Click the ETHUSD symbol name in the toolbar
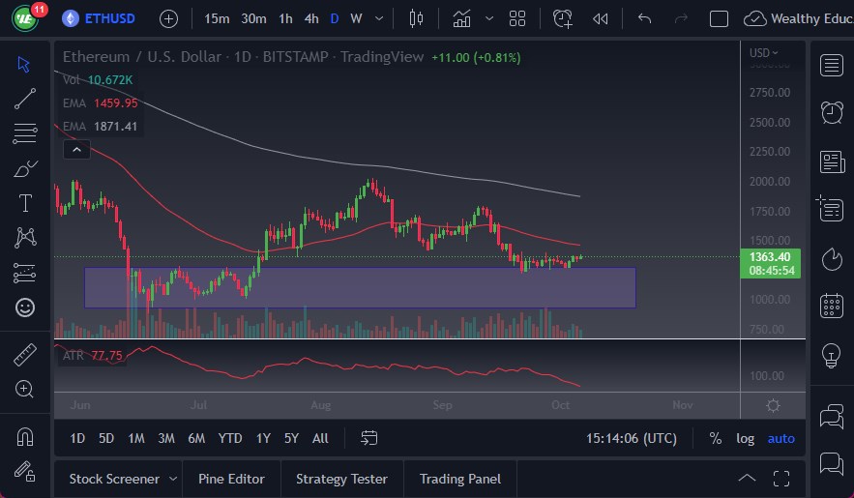coord(110,18)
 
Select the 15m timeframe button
coord(218,18)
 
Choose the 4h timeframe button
coord(311,18)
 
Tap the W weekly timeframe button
coord(356,18)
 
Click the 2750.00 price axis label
coord(770,93)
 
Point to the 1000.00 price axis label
coord(770,300)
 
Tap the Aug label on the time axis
coord(322,405)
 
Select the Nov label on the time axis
coord(682,405)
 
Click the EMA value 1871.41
coord(115,126)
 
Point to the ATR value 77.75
coord(106,356)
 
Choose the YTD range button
coord(230,438)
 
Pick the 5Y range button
coord(291,438)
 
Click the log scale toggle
coord(745,438)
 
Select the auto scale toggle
coord(780,438)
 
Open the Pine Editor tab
coord(231,479)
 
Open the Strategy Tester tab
coord(341,479)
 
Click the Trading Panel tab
coord(460,479)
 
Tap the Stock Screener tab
coord(114,479)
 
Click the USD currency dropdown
coord(764,52)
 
